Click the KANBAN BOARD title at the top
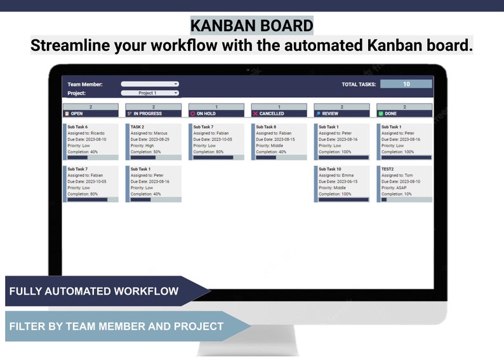tap(252, 25)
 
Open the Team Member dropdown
tap(150, 84)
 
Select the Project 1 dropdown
tap(150, 93)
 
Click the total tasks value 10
tap(406, 84)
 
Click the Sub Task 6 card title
tap(77, 127)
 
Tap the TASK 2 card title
tap(137, 127)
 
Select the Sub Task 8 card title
tap(266, 127)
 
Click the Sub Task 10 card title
tap(330, 169)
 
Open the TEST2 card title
tap(388, 169)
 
